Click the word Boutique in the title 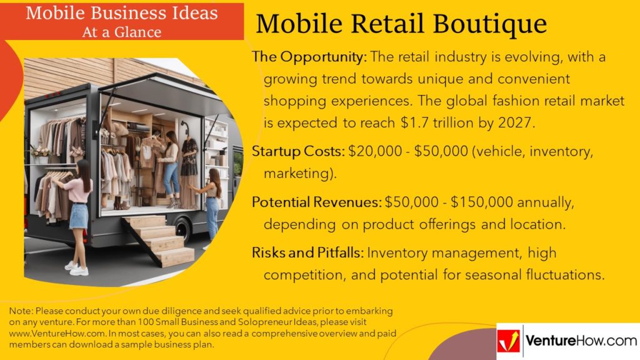[489, 24]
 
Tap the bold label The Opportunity [309, 57]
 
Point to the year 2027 [516, 123]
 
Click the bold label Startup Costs [298, 151]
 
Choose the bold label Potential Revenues [317, 202]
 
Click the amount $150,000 [482, 202]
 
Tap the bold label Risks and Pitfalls [307, 252]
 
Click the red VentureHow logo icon [509, 341]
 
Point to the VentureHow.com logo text [581, 341]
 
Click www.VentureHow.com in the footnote [57, 334]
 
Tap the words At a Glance [122, 32]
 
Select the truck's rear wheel [183, 230]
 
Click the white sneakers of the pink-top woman [77, 269]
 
